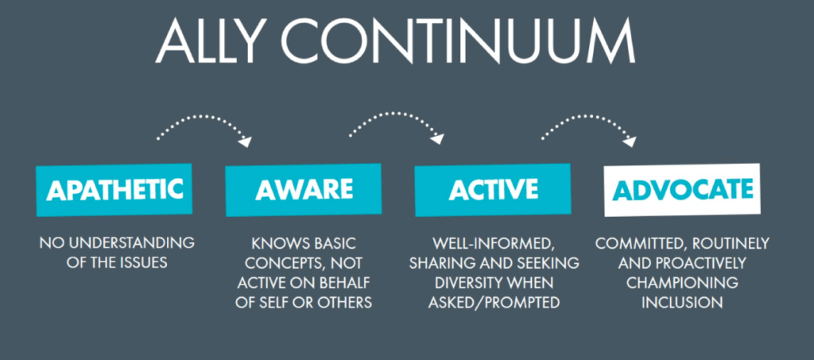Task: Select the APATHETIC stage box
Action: [x=114, y=190]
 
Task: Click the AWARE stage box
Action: [x=304, y=190]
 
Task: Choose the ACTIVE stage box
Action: [x=493, y=190]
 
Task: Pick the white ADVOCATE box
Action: [x=682, y=190]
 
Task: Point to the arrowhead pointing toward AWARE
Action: [x=245, y=141]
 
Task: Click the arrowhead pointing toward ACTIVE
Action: [x=437, y=138]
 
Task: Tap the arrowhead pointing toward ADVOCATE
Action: [x=630, y=141]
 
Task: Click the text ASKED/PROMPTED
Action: [x=494, y=303]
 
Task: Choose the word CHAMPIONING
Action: [x=682, y=283]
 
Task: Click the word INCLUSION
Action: [x=682, y=303]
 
